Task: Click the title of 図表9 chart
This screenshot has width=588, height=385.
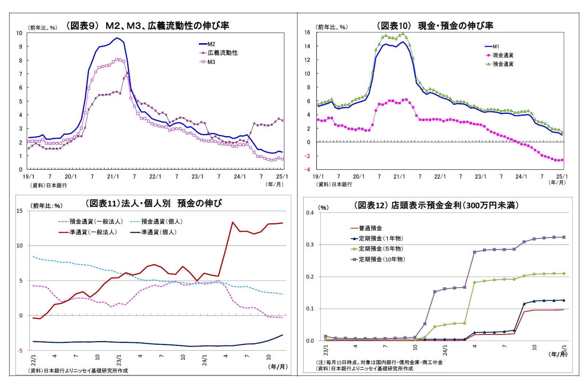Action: pos(147,26)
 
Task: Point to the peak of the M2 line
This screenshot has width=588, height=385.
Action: pos(117,38)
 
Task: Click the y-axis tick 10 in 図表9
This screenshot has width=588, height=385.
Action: pos(19,33)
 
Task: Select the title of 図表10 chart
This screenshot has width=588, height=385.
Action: pos(435,26)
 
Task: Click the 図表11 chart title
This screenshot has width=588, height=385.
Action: pos(153,203)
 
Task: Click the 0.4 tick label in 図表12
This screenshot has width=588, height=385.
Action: pos(310,213)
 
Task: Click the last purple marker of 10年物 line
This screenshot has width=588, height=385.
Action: pos(563,237)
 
